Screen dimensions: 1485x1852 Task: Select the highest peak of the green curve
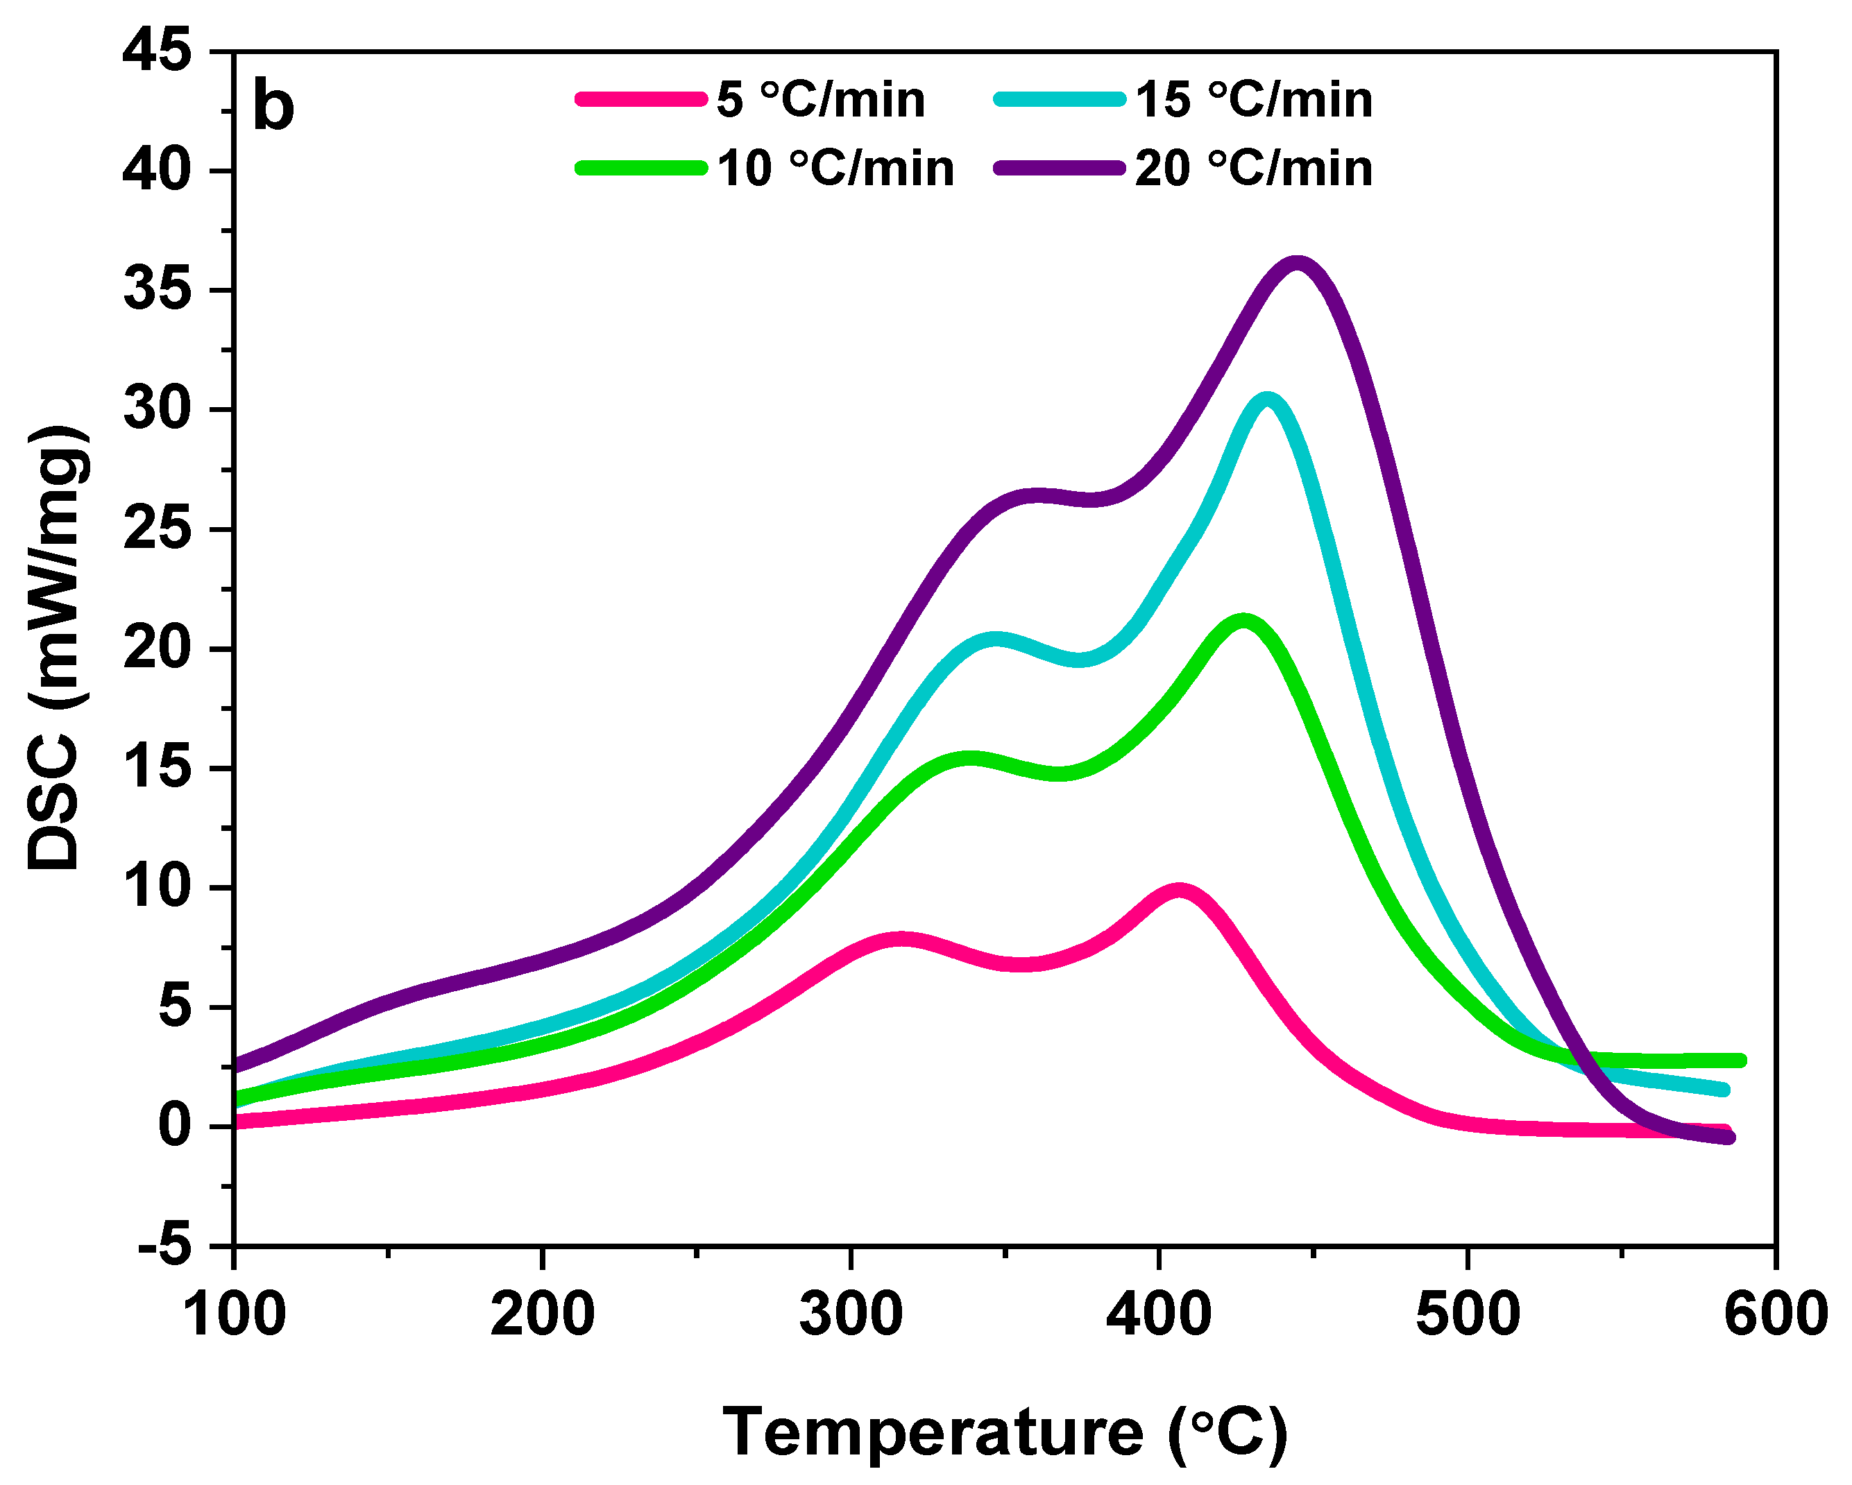[x=1242, y=619]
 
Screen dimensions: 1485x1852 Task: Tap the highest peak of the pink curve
[x=1178, y=890]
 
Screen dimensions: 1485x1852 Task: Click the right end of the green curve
[x=1740, y=1061]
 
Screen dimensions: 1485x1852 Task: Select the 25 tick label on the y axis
[x=158, y=530]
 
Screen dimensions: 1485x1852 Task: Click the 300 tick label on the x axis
[x=851, y=1314]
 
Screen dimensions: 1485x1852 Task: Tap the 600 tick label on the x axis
[x=1775, y=1314]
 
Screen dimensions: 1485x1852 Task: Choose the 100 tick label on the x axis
[x=235, y=1314]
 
